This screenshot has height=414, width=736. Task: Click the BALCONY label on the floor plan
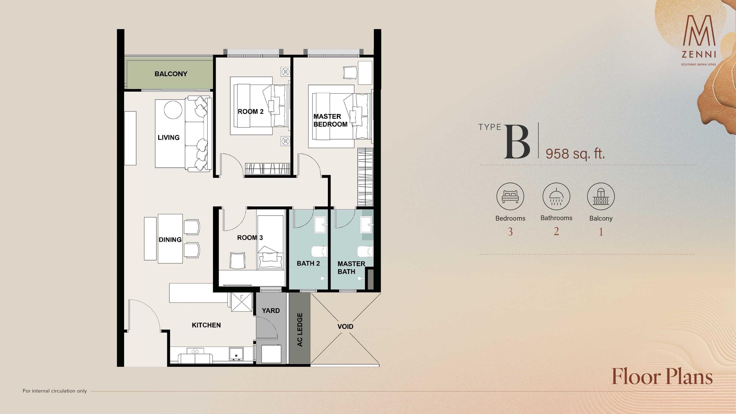pos(171,74)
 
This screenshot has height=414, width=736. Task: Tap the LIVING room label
pos(168,138)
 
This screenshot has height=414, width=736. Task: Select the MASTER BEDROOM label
pos(330,120)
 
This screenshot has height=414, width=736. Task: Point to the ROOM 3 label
pos(250,237)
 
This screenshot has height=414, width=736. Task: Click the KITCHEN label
pos(206,325)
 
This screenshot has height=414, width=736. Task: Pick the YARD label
pos(271,310)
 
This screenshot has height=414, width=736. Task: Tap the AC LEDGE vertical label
pos(300,330)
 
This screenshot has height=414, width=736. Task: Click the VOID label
pos(345,326)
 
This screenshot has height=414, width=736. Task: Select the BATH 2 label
pos(308,263)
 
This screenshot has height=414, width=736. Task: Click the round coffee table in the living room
pos(173,110)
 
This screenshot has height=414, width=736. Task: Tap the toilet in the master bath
pos(365,252)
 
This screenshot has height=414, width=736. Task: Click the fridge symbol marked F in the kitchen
pos(242,302)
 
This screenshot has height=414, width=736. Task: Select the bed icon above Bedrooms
pos(510,197)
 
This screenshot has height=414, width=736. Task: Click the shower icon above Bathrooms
pos(556,196)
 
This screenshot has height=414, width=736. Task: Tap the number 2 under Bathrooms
pos(556,231)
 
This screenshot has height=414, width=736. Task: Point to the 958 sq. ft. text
pos(575,154)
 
